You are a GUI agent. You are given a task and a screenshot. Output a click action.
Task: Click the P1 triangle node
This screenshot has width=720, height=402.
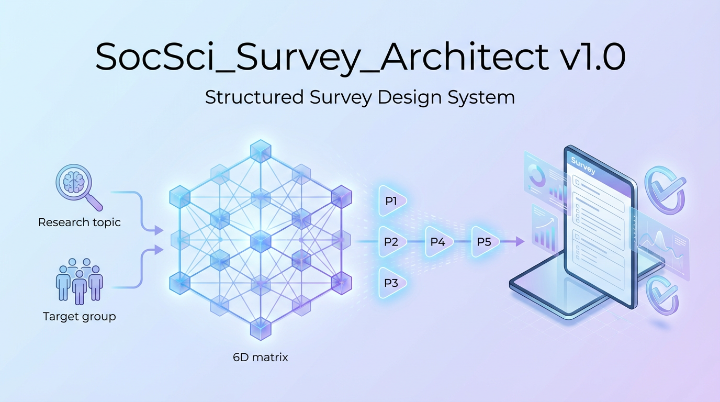[392, 201]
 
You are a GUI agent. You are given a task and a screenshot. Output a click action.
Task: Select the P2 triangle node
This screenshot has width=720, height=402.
[392, 241]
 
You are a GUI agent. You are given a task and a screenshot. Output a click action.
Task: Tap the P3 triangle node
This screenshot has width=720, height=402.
[392, 283]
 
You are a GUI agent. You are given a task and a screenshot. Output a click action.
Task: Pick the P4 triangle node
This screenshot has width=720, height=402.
[438, 241]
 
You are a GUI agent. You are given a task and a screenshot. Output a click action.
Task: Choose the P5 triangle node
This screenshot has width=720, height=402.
[485, 241]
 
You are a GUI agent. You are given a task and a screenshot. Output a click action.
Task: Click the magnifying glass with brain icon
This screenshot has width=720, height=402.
[78, 187]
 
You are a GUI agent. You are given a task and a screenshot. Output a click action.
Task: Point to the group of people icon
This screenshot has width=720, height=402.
[80, 281]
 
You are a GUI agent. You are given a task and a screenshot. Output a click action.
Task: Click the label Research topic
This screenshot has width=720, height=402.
[80, 222]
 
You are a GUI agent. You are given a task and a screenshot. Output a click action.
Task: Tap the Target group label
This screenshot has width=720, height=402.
[80, 317]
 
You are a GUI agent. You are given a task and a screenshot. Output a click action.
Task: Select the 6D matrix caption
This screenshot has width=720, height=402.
[261, 358]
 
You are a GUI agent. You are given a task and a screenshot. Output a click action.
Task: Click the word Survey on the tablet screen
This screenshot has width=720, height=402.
[583, 165]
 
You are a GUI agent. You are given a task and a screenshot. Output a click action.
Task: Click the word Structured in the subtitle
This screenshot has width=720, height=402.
[254, 97]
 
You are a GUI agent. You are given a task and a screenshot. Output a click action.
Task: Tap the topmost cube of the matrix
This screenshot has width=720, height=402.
[261, 151]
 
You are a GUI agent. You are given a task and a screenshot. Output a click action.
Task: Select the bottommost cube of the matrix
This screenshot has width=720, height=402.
[261, 328]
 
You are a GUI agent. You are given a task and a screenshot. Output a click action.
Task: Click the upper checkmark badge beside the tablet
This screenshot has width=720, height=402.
[665, 189]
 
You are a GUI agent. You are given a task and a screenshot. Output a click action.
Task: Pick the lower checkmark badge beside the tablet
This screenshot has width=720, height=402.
[662, 295]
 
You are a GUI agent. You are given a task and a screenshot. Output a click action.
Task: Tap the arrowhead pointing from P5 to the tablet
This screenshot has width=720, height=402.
[520, 241]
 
